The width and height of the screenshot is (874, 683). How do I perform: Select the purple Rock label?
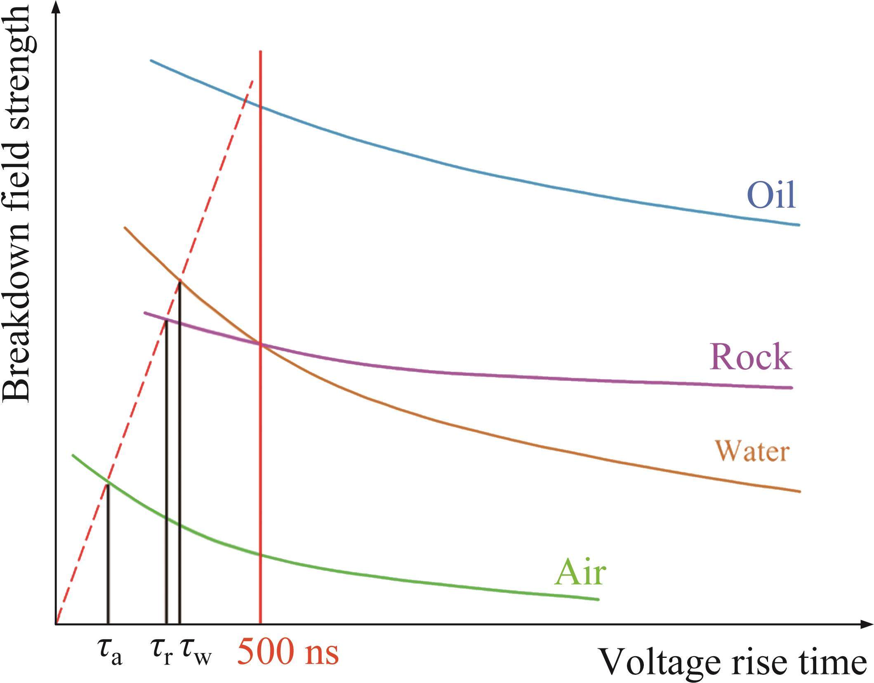(x=750, y=357)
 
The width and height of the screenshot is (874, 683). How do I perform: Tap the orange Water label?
(x=752, y=451)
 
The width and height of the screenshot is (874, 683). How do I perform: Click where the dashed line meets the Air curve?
(x=108, y=482)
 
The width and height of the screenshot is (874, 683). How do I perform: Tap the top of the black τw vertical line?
(x=179, y=282)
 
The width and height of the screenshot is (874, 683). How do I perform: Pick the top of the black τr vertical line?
(x=166, y=321)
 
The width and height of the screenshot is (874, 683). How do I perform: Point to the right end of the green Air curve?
(x=597, y=599)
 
